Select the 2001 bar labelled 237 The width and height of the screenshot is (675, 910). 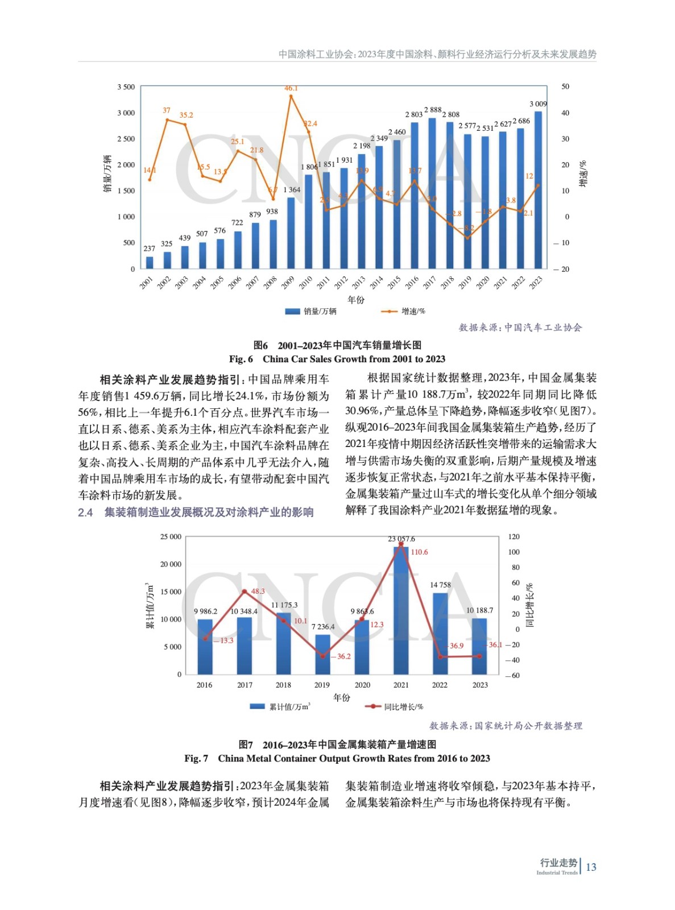(x=150, y=262)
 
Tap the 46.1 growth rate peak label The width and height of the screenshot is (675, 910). (x=291, y=88)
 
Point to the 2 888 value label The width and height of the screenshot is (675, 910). (x=432, y=110)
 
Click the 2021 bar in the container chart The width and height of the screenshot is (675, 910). (x=401, y=610)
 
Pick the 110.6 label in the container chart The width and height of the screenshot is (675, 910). (x=419, y=552)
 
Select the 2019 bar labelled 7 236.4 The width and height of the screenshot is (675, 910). (x=322, y=654)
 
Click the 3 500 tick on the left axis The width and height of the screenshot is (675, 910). (x=126, y=87)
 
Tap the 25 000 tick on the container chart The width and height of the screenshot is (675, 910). (x=171, y=536)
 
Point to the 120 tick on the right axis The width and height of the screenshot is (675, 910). (x=514, y=536)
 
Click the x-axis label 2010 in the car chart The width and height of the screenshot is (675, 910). (x=306, y=282)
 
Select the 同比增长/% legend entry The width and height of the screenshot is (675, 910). (x=403, y=706)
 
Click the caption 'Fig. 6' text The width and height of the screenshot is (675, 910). (x=241, y=359)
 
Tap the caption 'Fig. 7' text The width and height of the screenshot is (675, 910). (x=196, y=758)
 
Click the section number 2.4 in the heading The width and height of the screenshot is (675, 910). (x=85, y=512)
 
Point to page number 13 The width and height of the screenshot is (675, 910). (x=591, y=867)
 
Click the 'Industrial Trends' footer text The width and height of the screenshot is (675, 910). (x=557, y=872)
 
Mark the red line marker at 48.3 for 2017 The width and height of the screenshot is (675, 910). (x=245, y=591)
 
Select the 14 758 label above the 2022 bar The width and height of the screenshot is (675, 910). (x=440, y=585)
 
